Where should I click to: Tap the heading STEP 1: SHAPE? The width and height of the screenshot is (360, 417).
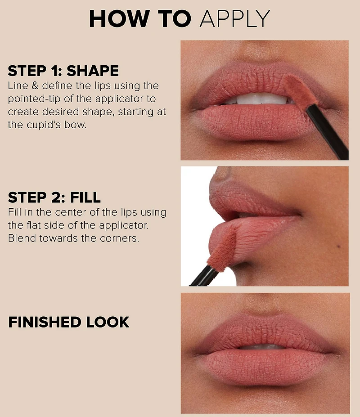coord(63,71)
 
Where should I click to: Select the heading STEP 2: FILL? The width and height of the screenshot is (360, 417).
coord(54,197)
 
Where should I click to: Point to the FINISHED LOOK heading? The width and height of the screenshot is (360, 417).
coord(69,322)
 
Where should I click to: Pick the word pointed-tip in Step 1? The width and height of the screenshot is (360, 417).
coord(34,99)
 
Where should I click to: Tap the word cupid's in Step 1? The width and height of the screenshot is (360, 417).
coord(44,125)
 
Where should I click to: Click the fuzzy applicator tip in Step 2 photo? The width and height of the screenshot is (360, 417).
coord(222,249)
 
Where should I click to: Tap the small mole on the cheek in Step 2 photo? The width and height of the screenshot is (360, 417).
coord(338,247)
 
